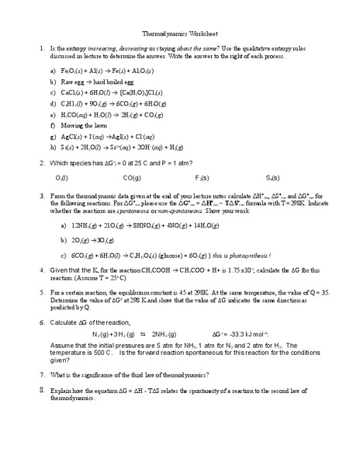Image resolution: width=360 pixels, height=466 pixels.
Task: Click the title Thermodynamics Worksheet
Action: pos(180,34)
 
